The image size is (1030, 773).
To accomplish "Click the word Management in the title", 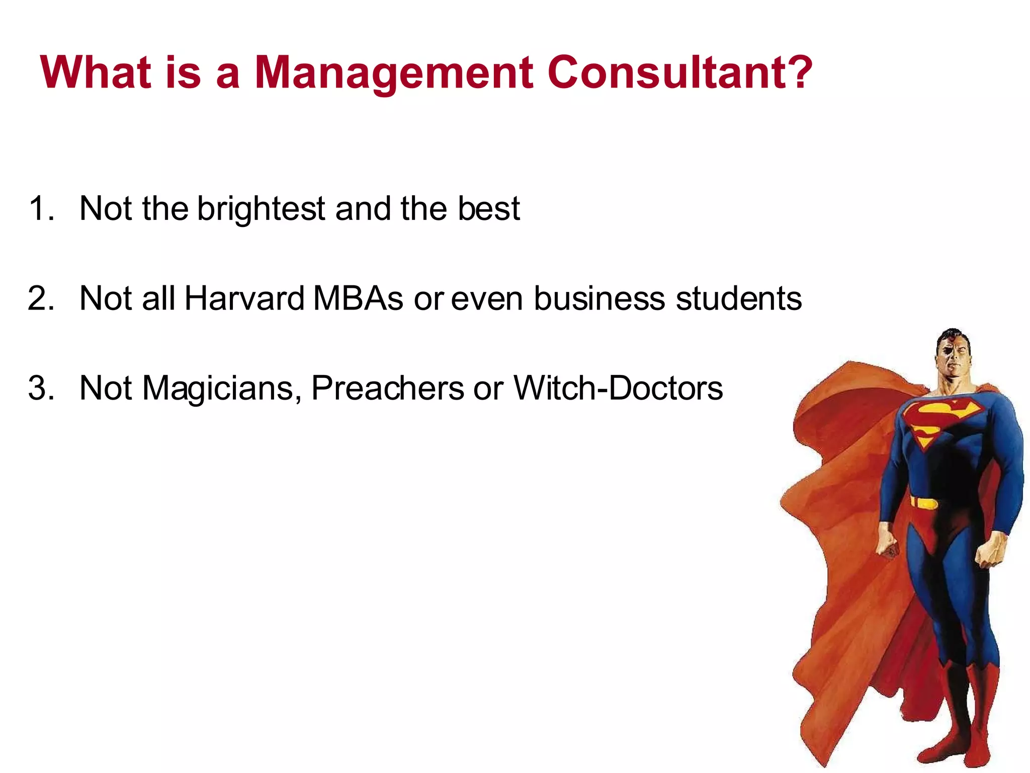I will (394, 73).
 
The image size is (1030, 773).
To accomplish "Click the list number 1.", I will (40, 208).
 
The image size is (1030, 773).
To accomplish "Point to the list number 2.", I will (40, 298).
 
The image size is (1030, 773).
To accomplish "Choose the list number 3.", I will (40, 388).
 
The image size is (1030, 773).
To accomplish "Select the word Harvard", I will (244, 298).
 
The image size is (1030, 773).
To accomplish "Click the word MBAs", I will (358, 298).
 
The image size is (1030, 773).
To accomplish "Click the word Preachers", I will (388, 388).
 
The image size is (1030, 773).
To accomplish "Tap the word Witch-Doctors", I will (618, 388).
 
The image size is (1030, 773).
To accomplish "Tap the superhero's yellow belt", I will (924, 503).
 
